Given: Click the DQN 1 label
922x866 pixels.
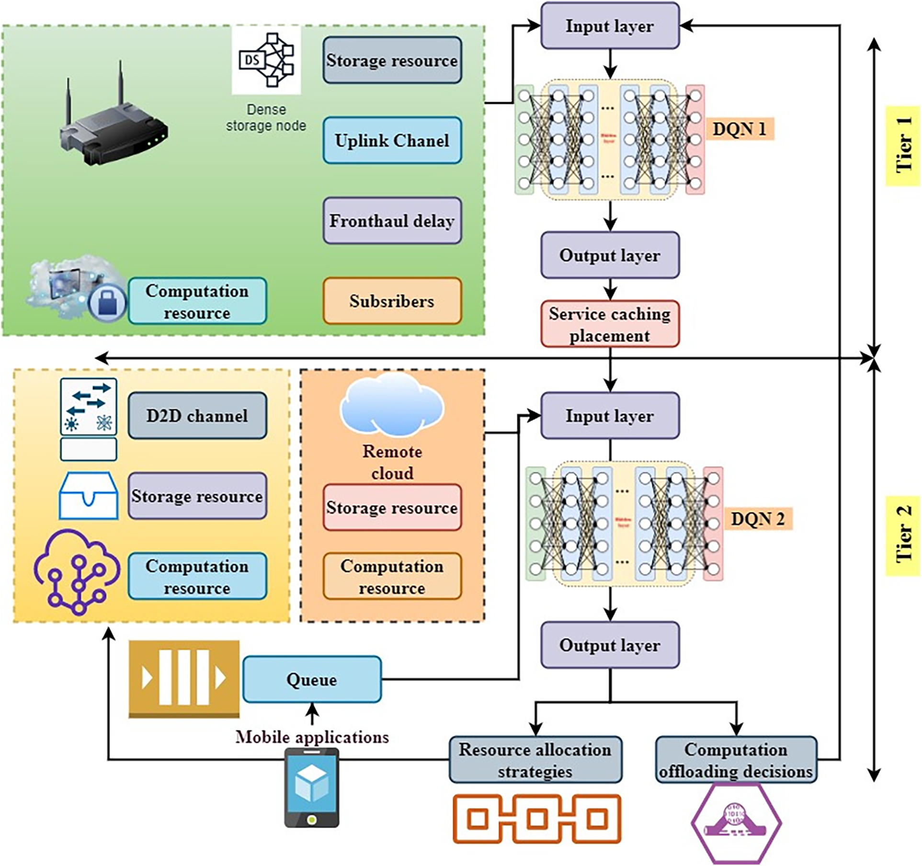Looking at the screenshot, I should pos(739,129).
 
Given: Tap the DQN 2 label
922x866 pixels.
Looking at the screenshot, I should pos(757,519).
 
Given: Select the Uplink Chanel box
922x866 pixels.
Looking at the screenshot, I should pos(392,140).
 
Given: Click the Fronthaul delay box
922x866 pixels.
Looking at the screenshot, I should pos(392,221).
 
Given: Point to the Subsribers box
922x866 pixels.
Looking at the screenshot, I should pos(392,301).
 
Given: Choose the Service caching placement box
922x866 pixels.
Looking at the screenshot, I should pos(610,324).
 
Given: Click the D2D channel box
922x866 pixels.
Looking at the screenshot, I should pos(197,415).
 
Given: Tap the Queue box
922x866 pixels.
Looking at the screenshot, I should pos(312,679).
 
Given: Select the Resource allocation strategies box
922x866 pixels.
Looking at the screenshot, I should pos(535,760).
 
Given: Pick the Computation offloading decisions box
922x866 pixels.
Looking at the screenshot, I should pos(736,760).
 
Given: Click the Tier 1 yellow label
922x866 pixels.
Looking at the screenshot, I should pos(903,145).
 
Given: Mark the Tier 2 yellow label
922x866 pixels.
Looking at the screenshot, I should pos(903,535).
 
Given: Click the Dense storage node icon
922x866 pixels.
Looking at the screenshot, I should pos(267,60).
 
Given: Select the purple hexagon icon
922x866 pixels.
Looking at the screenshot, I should pos(736,823).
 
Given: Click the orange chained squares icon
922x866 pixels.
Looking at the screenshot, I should pos(537,819).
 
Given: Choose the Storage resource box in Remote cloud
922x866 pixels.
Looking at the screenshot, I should pos(392,507).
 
